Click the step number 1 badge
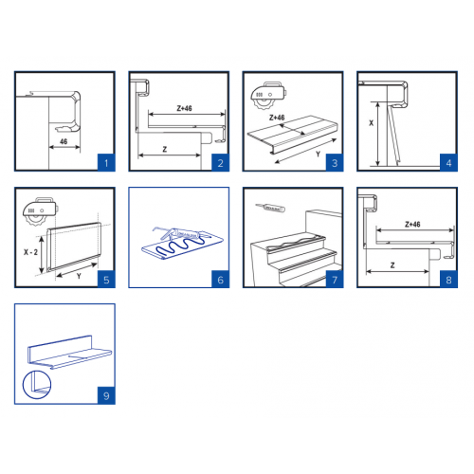pyautogui.click(x=106, y=163)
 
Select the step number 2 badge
pyautogui.click(x=220, y=163)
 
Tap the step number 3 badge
pyautogui.click(x=335, y=163)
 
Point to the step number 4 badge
pyautogui.click(x=448, y=163)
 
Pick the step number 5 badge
pyautogui.click(x=106, y=280)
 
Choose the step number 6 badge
pyautogui.click(x=220, y=280)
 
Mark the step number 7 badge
pyautogui.click(x=335, y=280)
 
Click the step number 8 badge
pyautogui.click(x=448, y=280)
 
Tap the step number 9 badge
pyautogui.click(x=106, y=395)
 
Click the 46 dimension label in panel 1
pyautogui.click(x=64, y=141)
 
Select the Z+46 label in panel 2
pyautogui.click(x=184, y=108)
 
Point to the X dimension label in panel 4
pyautogui.click(x=371, y=123)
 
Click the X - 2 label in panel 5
pyautogui.click(x=30, y=252)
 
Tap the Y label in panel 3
pyautogui.click(x=319, y=155)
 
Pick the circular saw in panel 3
pyautogui.click(x=268, y=95)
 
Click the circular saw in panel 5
pyautogui.click(x=41, y=210)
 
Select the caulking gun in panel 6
pyautogui.click(x=182, y=233)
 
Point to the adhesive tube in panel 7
pyautogui.click(x=270, y=208)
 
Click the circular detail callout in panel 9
pyautogui.click(x=37, y=385)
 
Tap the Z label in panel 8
pyautogui.click(x=392, y=265)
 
